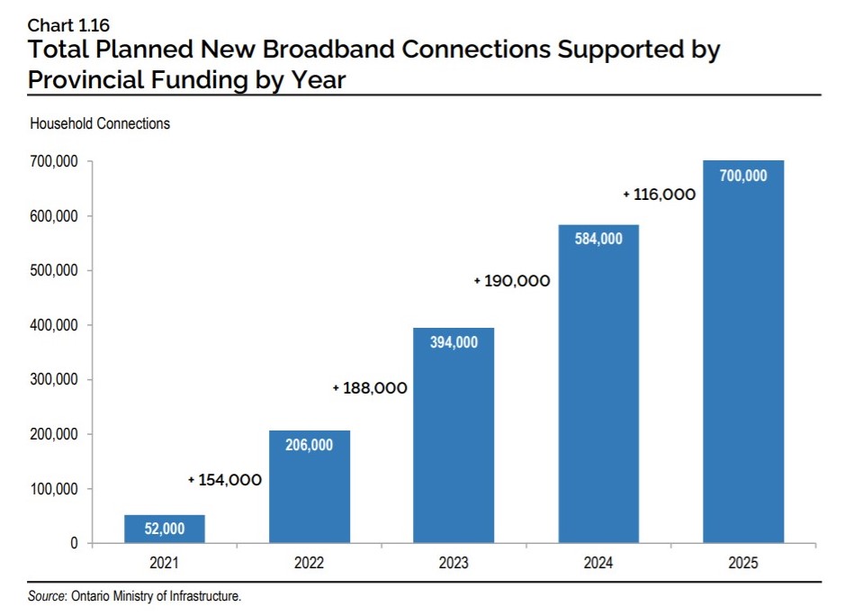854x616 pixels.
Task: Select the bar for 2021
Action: point(165,529)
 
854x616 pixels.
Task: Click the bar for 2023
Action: point(454,435)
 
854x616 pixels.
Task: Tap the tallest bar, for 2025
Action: point(743,351)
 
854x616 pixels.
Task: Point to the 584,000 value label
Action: point(598,239)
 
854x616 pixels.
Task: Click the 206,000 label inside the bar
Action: point(309,445)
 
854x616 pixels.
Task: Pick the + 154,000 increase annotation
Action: point(225,480)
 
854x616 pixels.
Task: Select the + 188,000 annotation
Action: point(370,388)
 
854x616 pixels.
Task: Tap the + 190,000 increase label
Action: point(512,281)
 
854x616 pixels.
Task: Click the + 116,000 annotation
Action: point(660,194)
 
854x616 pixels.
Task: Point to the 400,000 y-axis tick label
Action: point(54,325)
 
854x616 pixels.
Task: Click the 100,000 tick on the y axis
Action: point(54,489)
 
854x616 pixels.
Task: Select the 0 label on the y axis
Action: point(74,543)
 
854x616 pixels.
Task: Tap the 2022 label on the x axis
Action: point(309,563)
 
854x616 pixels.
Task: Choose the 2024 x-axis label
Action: point(598,563)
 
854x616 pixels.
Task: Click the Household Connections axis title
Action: point(100,123)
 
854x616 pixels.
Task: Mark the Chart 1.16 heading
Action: point(68,25)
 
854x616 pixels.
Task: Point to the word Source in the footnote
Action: point(47,596)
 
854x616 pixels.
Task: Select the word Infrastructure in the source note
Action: point(205,596)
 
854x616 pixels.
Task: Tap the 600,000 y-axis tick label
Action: point(54,216)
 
